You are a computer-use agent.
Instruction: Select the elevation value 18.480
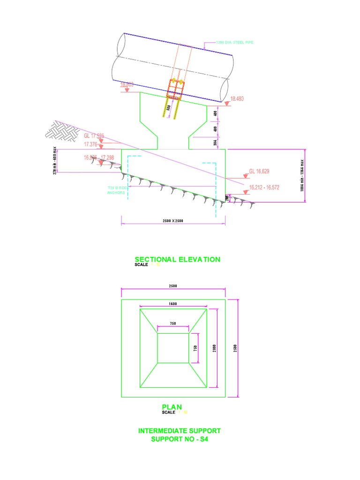point(237,99)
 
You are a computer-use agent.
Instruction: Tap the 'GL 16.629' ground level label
point(259,171)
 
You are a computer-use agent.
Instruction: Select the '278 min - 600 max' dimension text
point(55,161)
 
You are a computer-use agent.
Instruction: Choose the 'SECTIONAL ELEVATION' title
point(177,259)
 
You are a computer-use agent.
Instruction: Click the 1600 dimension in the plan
point(173,304)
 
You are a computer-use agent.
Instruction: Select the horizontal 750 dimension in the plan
point(173,323)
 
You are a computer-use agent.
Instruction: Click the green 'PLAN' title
point(171,407)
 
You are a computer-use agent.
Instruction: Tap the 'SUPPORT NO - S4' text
point(179,439)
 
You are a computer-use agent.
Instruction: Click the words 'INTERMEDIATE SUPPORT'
point(179,430)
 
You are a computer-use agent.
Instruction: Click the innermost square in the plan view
point(173,348)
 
